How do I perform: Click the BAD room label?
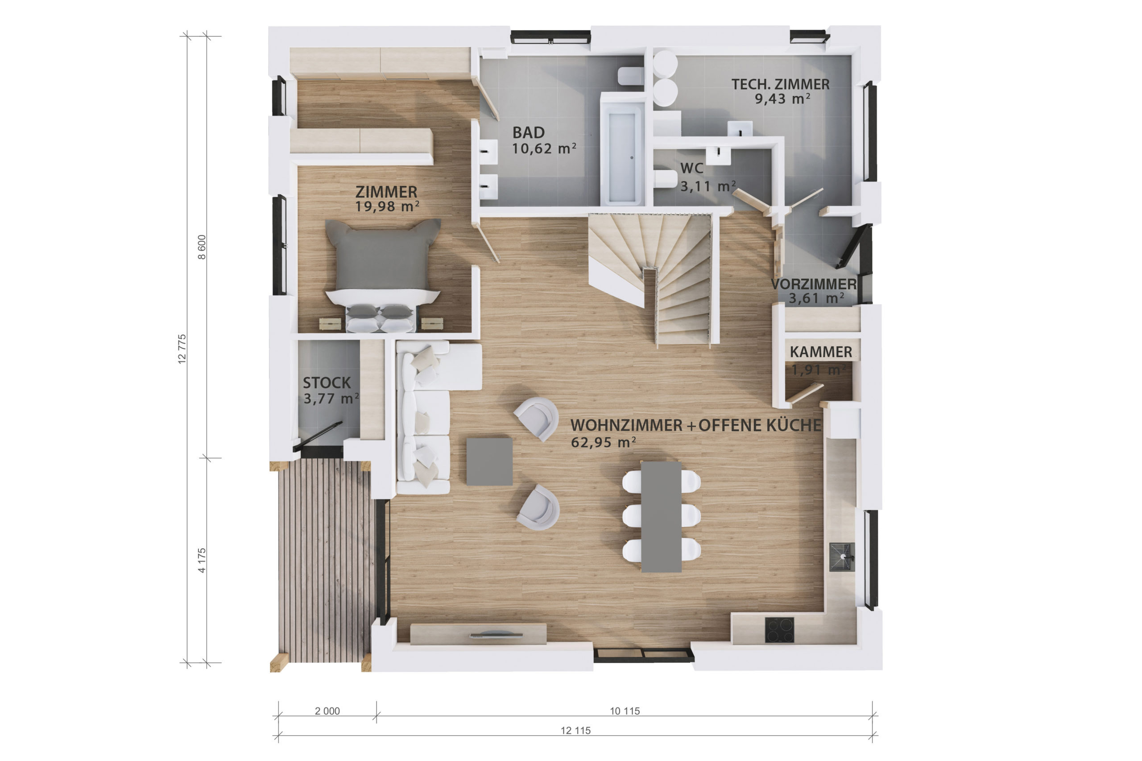528,132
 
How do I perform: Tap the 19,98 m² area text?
387,207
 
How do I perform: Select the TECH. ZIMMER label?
780,84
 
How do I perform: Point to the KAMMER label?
820,352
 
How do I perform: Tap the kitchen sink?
842,557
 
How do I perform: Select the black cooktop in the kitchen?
779,630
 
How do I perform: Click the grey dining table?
661,517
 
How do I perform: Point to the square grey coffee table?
489,461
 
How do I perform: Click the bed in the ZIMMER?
382,276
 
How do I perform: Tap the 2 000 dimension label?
327,711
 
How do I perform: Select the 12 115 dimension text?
576,730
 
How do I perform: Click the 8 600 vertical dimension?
202,247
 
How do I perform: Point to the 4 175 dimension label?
202,560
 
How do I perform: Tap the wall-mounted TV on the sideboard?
496,634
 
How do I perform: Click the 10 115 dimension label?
625,711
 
